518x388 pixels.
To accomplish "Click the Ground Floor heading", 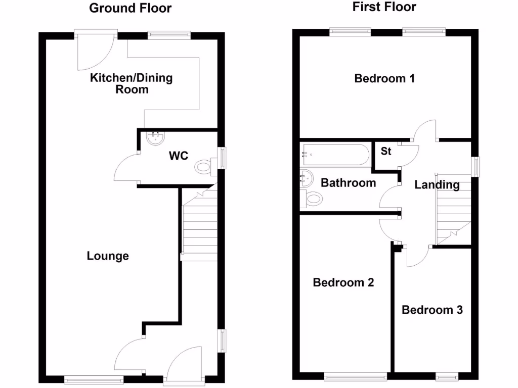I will click(130, 8).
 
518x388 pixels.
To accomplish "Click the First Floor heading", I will click(384, 7).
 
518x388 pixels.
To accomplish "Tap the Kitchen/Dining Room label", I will click(131, 83).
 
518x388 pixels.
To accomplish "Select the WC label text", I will click(178, 156).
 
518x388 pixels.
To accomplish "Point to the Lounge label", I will click(108, 256).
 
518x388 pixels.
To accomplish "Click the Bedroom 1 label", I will click(384, 78).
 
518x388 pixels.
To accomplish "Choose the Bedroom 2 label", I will click(343, 282).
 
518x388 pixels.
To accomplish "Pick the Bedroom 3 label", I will click(432, 310).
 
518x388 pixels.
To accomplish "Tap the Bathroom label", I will click(349, 182).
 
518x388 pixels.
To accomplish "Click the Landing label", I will click(437, 185).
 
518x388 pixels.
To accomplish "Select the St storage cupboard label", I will click(386, 151).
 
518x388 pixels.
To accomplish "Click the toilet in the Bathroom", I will click(312, 199).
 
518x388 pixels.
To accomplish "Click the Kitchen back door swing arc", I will click(94, 53).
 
